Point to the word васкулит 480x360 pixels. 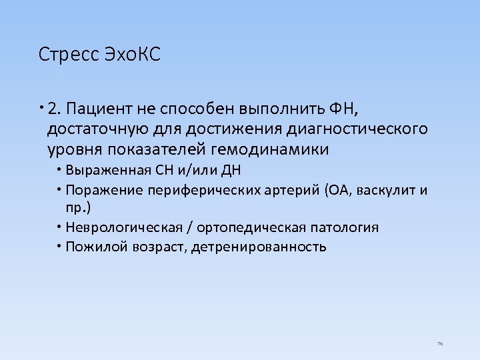[x=387, y=191]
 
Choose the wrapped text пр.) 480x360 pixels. [x=78, y=207]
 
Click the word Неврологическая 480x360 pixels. [x=124, y=227]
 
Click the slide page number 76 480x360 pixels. [x=439, y=343]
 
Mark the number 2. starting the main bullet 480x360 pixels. [x=56, y=108]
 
